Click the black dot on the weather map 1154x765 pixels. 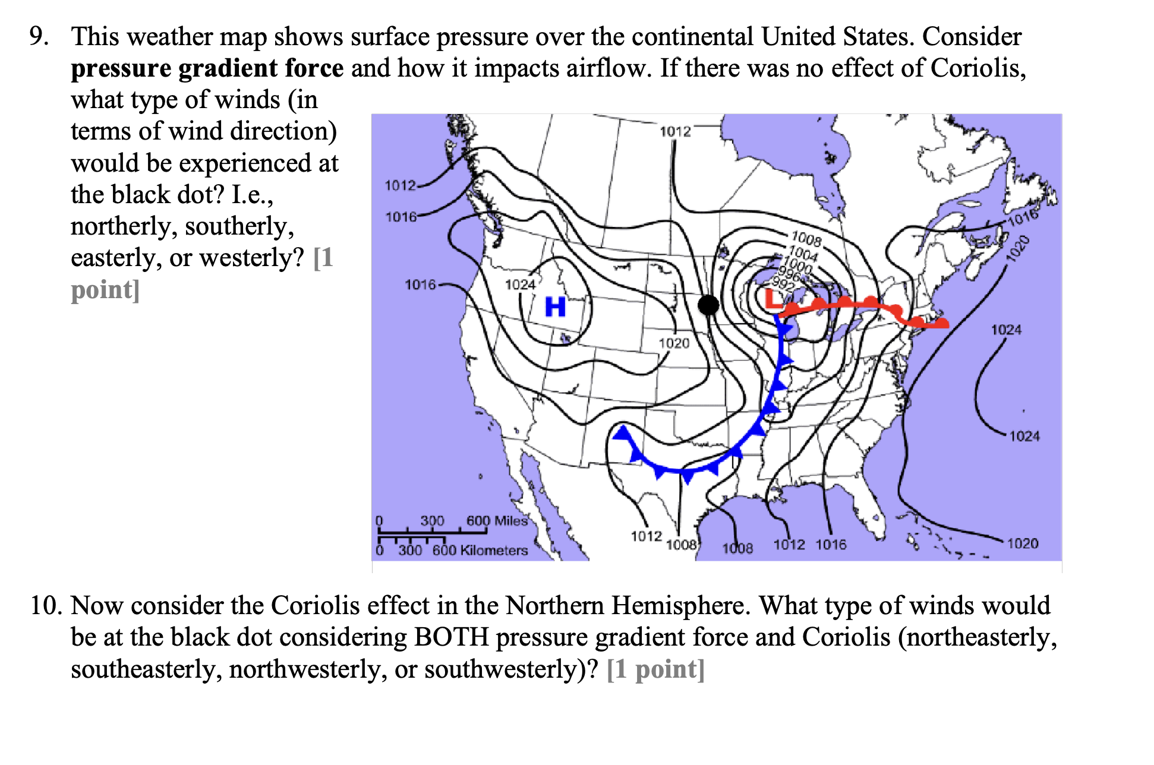[708, 305]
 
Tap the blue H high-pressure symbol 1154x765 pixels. [555, 307]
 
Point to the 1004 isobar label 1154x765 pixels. [804, 254]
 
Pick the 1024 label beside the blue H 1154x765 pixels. [521, 284]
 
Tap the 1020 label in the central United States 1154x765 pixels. [674, 343]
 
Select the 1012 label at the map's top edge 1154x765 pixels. [676, 131]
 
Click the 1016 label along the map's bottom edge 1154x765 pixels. [831, 544]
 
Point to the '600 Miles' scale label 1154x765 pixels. [497, 521]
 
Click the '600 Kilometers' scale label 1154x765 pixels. [480, 551]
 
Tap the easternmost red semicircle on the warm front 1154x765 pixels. [941, 323]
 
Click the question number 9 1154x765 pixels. [39, 37]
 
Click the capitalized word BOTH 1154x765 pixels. [452, 637]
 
